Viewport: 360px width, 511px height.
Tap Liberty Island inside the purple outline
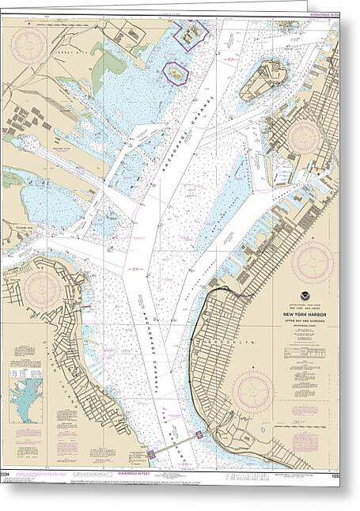click(176, 74)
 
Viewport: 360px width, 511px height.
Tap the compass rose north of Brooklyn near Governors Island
click(303, 136)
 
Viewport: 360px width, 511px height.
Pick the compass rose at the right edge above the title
click(313, 261)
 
